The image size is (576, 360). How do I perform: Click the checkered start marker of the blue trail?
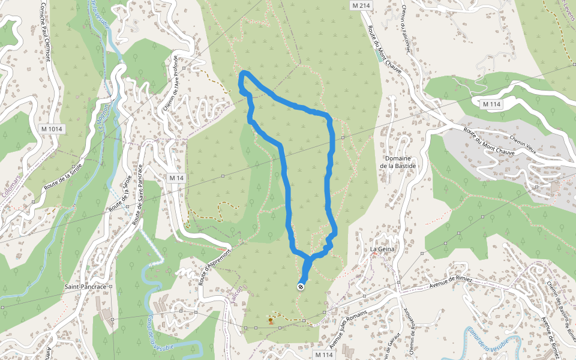coord(300,287)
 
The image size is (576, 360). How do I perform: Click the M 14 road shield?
coord(176,178)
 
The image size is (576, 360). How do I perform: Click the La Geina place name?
coord(381,248)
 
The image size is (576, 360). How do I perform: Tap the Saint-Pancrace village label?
coord(85,287)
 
